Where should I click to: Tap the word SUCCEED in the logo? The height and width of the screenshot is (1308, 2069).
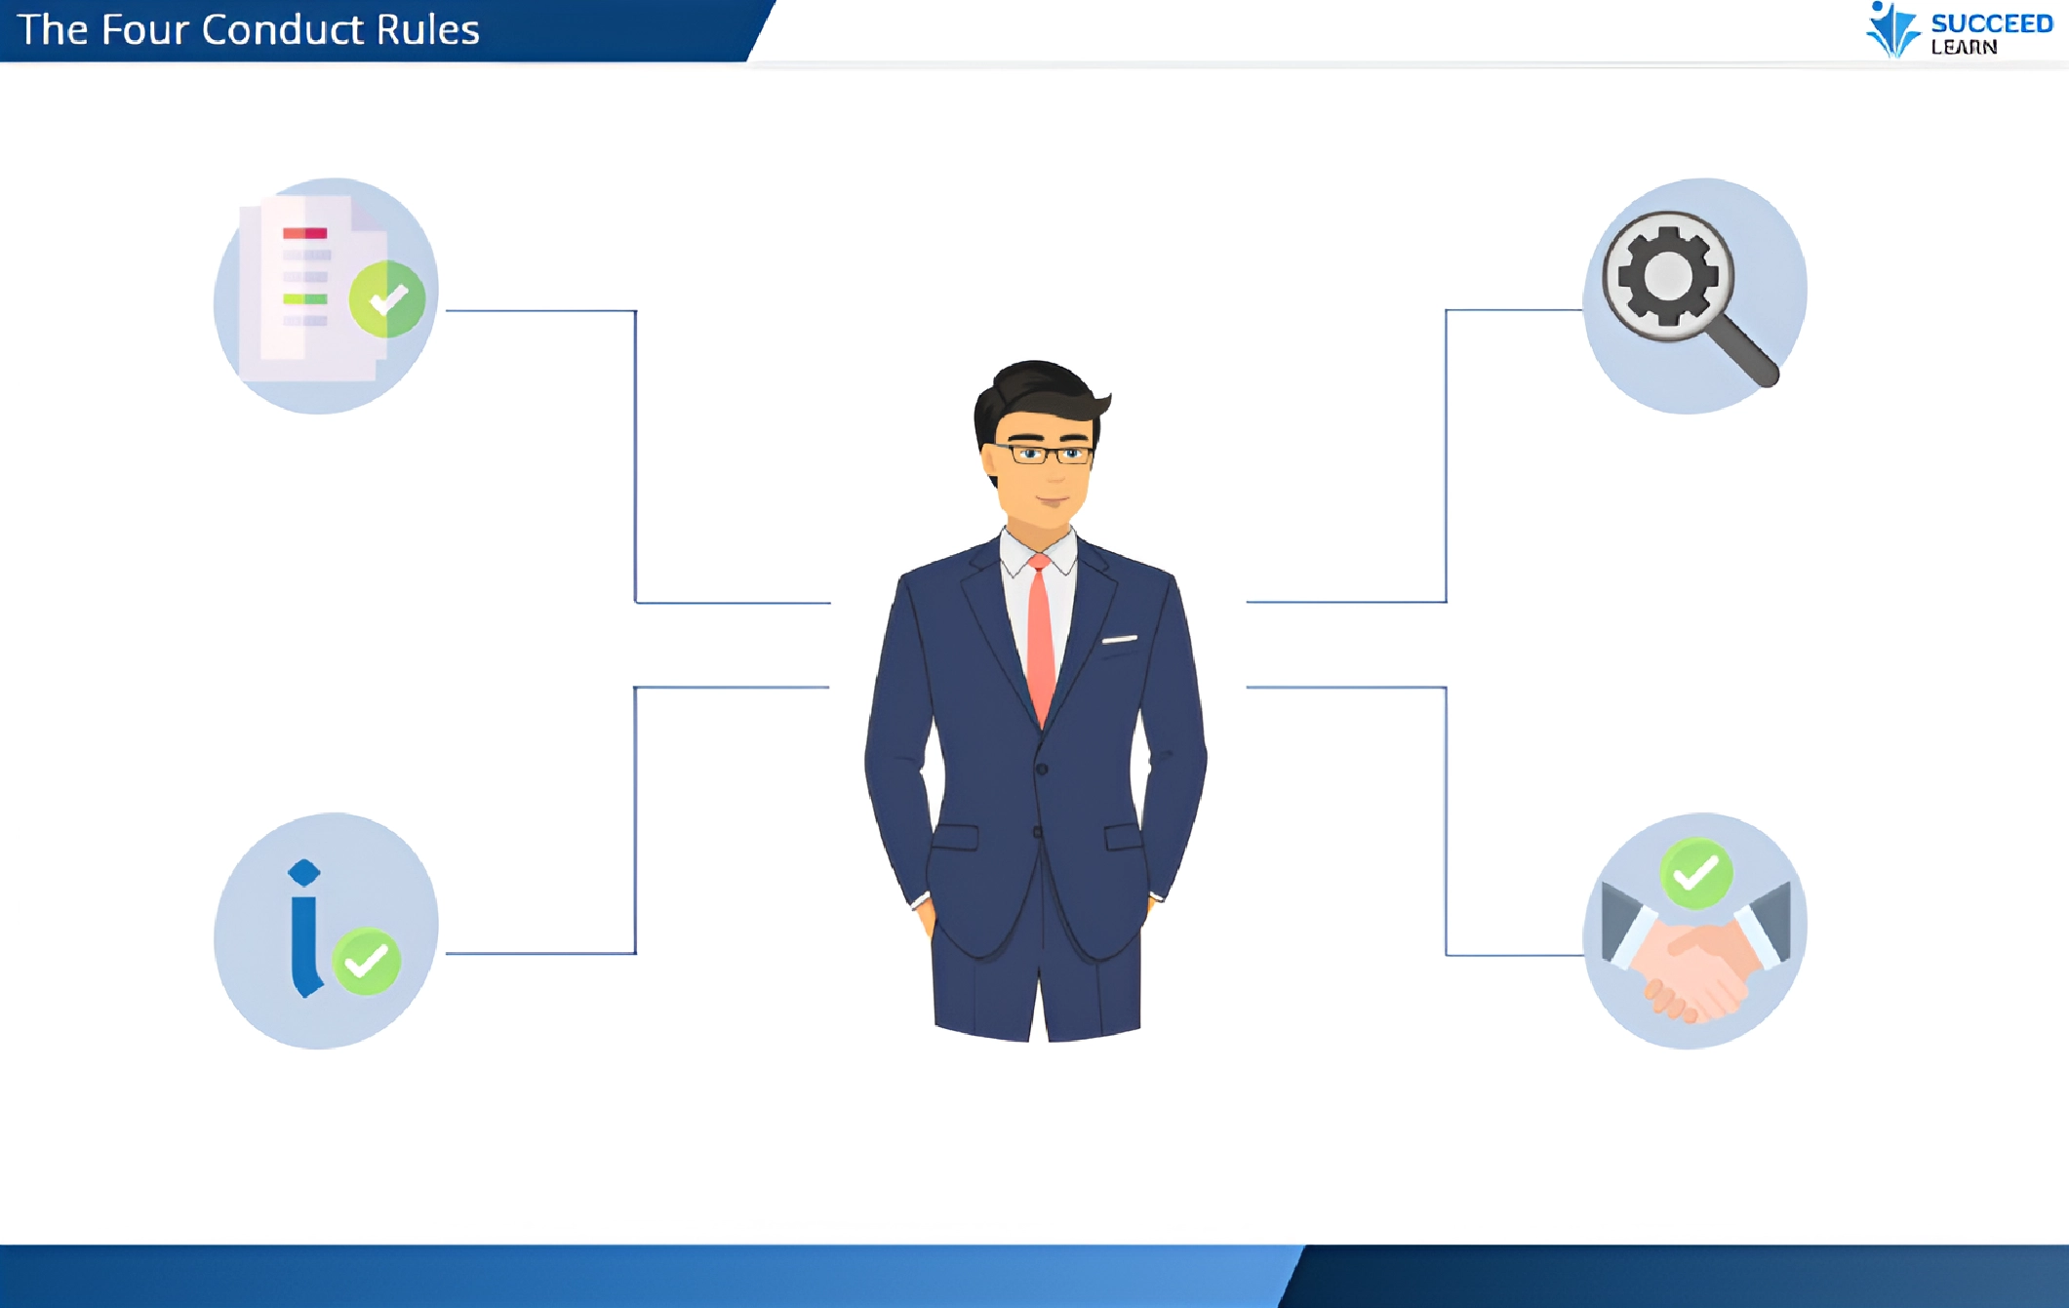pos(1992,23)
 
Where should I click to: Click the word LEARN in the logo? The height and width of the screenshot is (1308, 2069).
pos(1964,47)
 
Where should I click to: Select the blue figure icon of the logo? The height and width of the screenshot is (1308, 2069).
pos(1891,30)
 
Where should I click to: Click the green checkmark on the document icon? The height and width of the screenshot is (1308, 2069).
pos(387,298)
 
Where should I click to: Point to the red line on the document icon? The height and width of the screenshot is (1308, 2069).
pos(304,233)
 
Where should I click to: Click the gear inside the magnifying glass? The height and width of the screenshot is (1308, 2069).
pos(1668,276)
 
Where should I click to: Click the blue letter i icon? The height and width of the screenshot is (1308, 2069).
pos(305,928)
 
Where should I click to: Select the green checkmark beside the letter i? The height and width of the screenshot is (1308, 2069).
pos(367,962)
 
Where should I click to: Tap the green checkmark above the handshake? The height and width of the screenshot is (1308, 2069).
pos(1696,873)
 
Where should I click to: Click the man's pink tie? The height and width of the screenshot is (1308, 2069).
pos(1041,639)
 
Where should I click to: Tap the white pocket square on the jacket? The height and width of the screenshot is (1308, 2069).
pos(1120,640)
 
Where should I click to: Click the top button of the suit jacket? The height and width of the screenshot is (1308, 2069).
pos(1042,769)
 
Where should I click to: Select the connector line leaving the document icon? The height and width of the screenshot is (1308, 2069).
pos(636,456)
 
